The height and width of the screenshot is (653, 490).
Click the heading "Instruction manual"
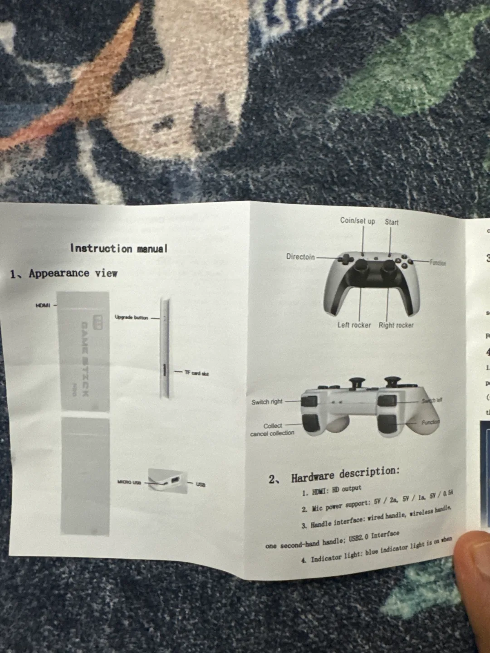click(x=119, y=249)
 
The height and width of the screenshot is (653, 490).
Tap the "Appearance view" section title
click(x=73, y=273)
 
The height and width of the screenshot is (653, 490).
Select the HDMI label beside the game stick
click(x=43, y=305)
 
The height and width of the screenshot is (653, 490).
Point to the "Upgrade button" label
click(x=131, y=317)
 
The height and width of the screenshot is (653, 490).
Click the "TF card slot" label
click(x=196, y=373)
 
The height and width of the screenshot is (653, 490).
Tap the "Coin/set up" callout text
click(x=358, y=221)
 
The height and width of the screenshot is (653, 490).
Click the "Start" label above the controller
click(x=392, y=222)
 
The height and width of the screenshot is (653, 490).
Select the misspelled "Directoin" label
click(x=300, y=257)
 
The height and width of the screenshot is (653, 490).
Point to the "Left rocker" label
click(x=354, y=325)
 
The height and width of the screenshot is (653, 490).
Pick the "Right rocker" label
click(x=396, y=325)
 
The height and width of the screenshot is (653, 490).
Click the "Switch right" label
click(x=267, y=402)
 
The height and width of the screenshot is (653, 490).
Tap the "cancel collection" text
click(x=272, y=433)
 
